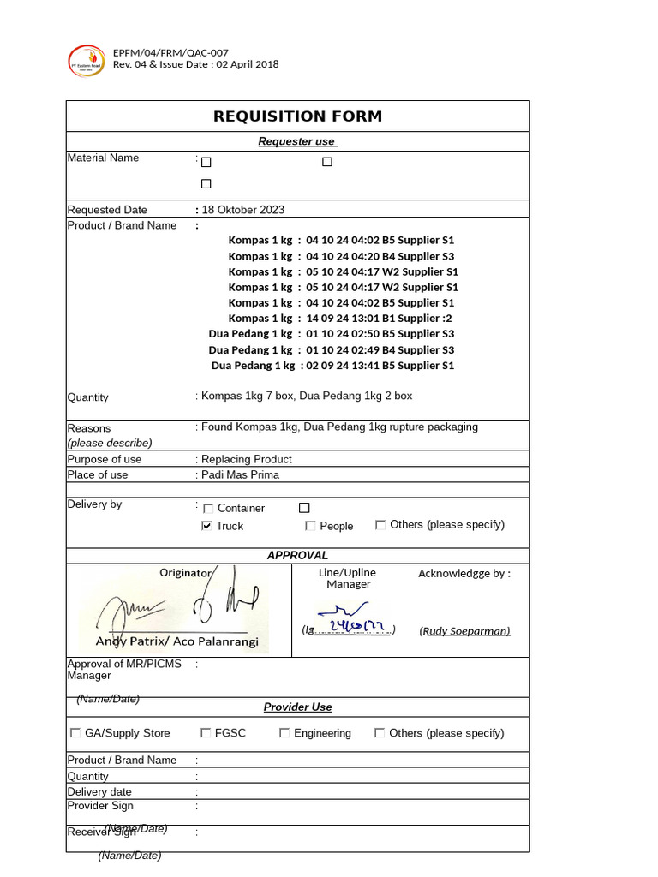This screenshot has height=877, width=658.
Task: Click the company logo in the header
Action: coord(86,60)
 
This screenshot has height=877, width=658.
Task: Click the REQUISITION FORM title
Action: coord(297,116)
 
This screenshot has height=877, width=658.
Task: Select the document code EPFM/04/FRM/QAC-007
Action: coord(170,52)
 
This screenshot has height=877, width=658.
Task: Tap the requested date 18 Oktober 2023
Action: coord(243,210)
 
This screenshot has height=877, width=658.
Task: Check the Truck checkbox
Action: coord(206,526)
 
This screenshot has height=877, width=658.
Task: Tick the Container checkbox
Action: coord(208,509)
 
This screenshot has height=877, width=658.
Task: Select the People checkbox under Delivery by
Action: coord(310,526)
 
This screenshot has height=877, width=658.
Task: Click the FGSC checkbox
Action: coord(206,733)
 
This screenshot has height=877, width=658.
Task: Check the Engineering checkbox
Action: coord(284,733)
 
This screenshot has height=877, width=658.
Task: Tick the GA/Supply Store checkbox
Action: coord(75,733)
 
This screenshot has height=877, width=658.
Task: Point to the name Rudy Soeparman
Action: coord(464,631)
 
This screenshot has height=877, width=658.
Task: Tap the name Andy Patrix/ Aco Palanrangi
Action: coord(176,641)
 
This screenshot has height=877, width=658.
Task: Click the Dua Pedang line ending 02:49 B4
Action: coord(331,349)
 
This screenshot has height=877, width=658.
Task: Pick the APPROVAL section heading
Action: coord(297,555)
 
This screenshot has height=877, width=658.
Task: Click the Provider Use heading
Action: coord(297,707)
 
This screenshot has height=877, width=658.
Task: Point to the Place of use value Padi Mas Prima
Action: coord(240,474)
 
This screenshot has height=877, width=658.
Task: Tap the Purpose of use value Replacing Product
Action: coord(247,459)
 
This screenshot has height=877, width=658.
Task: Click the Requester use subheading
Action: coord(297,141)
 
